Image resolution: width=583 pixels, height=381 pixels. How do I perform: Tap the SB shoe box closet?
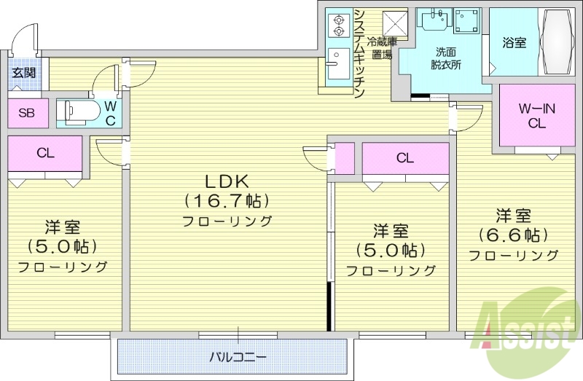tap(26, 113)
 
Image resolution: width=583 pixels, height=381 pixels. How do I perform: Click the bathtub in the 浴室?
tap(557, 41)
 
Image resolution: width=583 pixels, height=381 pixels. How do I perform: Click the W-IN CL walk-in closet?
tap(536, 116)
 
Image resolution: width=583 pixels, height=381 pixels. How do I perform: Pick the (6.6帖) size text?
tap(513, 235)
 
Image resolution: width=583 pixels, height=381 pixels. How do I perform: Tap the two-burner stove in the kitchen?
tap(338, 25)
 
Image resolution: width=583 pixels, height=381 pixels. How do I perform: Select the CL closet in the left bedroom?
tap(45, 153)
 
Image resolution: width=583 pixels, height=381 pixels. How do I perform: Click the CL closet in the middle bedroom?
tap(405, 158)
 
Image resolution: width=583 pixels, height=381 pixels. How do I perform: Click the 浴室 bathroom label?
tap(514, 43)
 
